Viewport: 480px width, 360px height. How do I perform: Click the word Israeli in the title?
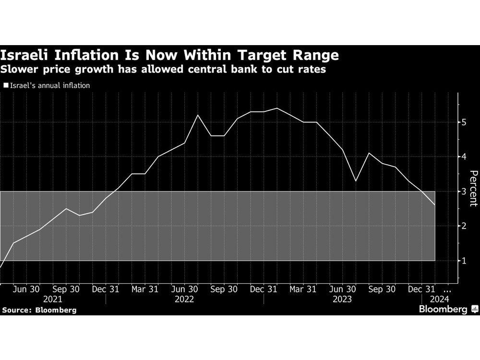[27, 55]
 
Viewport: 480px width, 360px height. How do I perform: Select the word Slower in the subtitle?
[19, 69]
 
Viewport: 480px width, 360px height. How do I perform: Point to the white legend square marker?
[5, 85]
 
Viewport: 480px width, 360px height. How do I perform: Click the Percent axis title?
[472, 189]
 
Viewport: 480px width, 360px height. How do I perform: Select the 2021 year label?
[53, 299]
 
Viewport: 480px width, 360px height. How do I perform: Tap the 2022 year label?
[184, 299]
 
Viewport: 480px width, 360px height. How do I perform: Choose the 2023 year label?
[342, 299]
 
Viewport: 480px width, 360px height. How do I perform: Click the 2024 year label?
[440, 299]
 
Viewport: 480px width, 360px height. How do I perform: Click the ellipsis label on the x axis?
[447, 290]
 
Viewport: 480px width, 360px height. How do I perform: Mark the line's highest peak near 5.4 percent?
[277, 108]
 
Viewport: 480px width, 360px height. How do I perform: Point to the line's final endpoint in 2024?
[435, 205]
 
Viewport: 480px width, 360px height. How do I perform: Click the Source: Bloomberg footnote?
[39, 310]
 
